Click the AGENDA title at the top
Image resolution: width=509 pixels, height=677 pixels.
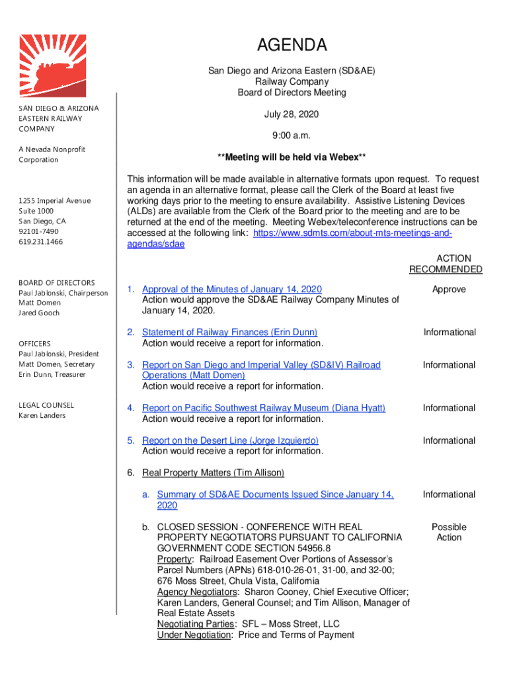tap(292, 45)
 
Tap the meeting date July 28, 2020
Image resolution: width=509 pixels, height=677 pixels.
tap(292, 114)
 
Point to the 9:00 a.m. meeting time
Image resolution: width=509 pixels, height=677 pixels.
tap(292, 136)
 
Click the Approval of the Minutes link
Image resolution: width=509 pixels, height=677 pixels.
tap(232, 289)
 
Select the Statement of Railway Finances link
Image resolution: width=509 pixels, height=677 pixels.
tap(229, 332)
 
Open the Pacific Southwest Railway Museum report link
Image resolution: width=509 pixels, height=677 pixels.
tap(264, 408)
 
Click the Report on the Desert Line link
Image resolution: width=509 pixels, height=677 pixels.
tap(230, 440)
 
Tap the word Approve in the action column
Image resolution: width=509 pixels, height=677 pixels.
tap(449, 289)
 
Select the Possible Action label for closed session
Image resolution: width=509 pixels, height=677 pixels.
tap(449, 532)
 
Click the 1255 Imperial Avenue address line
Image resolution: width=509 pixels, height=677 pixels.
tap(55, 200)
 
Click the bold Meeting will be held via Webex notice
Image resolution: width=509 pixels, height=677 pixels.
tap(292, 157)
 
